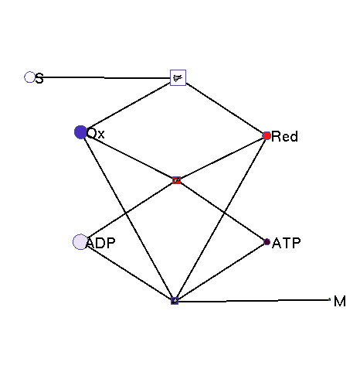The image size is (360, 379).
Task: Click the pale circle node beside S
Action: pos(29,77)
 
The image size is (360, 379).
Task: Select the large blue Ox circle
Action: pos(80,132)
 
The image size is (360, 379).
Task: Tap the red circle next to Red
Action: pos(267,135)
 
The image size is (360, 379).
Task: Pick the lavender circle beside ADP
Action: pos(80,242)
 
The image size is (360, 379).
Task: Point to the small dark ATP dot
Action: pos(267,242)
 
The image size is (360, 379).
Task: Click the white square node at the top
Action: pos(178,77)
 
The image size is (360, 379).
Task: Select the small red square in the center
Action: pos(176,180)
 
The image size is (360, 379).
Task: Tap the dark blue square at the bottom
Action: pos(175,301)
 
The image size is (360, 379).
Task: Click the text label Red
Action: pos(284,136)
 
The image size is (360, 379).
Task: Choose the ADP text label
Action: pos(100,243)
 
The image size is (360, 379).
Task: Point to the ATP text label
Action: pos(287,243)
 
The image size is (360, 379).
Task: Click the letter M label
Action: pos(340,301)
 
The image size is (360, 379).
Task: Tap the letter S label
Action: pos(39,78)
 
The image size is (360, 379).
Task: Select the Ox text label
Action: pos(96,134)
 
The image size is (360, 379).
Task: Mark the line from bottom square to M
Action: pos(254,300)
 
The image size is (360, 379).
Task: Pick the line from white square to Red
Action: pos(224,108)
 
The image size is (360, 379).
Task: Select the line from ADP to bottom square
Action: pos(130,271)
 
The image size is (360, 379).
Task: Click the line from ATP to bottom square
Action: pos(221,271)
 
